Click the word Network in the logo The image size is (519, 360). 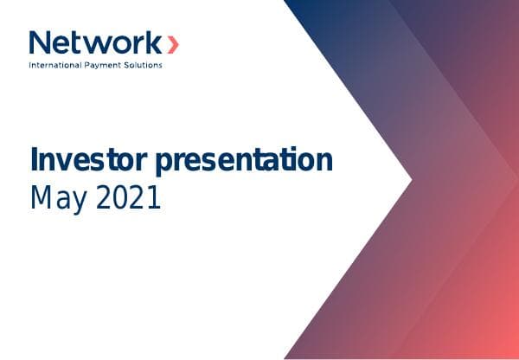pos(95,42)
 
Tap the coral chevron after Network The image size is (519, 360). pos(173,43)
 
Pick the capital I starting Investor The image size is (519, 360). pos(35,161)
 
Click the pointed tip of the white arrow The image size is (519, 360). pos(411,179)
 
